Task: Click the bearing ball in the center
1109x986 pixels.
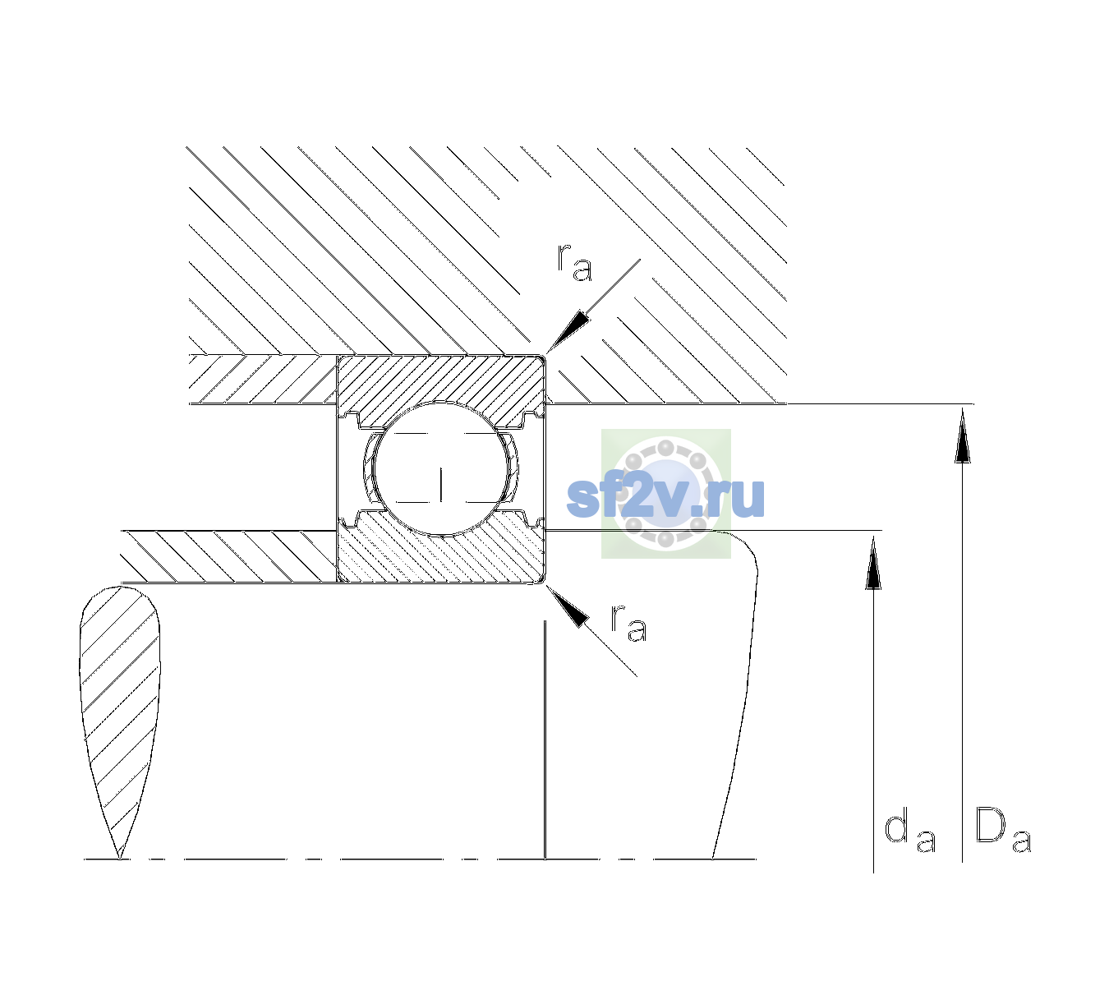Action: coord(441,468)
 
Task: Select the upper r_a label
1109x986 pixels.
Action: coord(574,261)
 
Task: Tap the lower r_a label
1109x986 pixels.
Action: coord(628,623)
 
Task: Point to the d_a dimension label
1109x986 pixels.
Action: coord(909,831)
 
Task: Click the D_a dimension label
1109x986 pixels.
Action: coord(1003,831)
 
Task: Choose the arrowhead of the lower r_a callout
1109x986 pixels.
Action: coord(567,606)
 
